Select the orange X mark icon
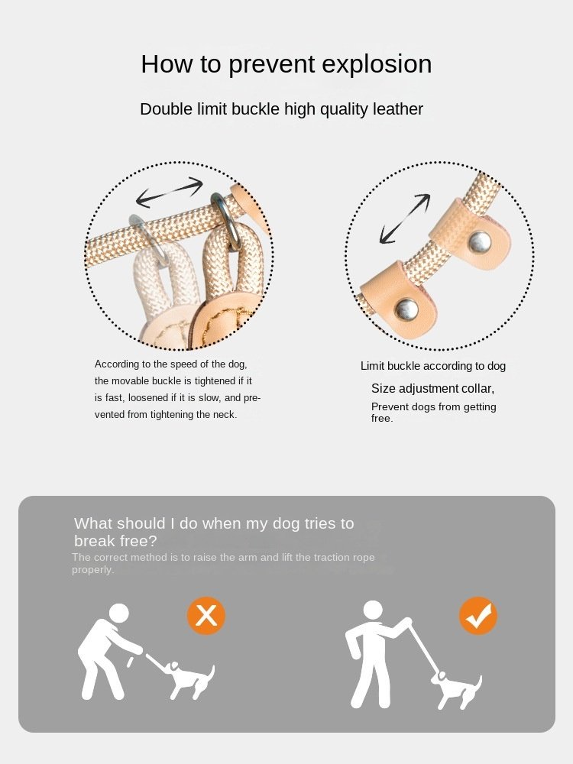tap(206, 616)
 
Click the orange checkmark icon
tap(478, 616)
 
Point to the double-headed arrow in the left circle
tap(169, 192)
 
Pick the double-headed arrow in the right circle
tap(405, 219)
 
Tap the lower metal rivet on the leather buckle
tap(406, 308)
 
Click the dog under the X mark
tap(188, 678)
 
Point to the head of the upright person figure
tap(374, 611)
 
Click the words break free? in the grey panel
tap(115, 541)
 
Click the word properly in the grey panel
tap(92, 570)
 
